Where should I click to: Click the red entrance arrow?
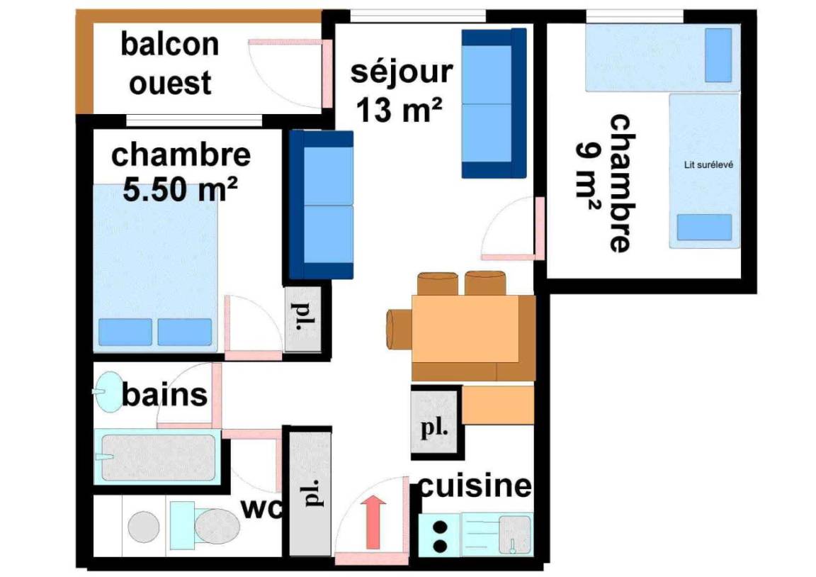(373, 522)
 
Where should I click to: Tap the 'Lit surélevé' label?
(708, 164)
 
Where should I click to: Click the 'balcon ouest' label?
(170, 64)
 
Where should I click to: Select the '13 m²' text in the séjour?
(399, 110)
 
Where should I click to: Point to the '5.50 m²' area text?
(180, 189)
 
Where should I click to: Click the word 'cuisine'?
(475, 486)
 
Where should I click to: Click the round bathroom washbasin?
(110, 391)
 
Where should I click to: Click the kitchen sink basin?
(515, 534)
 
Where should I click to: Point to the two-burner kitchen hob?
(440, 535)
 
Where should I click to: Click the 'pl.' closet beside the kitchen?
(434, 422)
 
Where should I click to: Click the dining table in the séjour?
(465, 329)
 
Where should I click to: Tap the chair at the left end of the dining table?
(399, 328)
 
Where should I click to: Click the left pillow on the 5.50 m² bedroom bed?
(125, 332)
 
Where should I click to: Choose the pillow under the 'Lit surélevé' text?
(704, 228)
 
